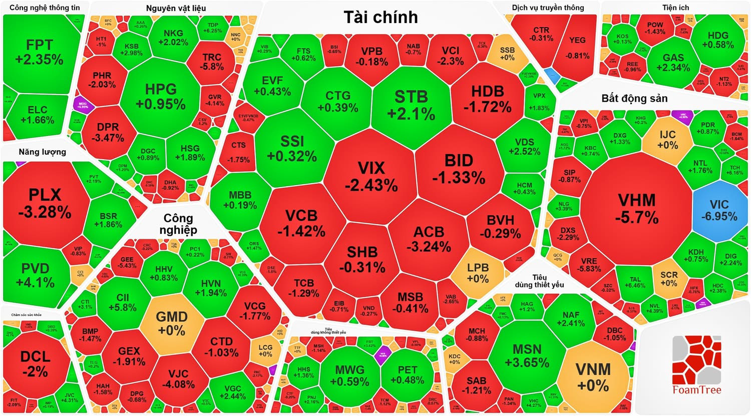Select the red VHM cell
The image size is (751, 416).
(637, 208)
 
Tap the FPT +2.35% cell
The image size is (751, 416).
(39, 52)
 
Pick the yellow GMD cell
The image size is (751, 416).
(172, 323)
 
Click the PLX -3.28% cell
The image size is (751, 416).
(45, 203)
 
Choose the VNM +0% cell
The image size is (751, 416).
(593, 376)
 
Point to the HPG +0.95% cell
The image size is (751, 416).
(161, 96)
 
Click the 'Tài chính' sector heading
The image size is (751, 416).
(381, 17)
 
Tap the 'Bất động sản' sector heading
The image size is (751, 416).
(634, 98)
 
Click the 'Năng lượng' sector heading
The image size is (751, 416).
(43, 152)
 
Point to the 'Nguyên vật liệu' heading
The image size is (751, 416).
(176, 8)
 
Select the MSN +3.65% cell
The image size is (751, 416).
(527, 355)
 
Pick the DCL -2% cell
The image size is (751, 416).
(35, 363)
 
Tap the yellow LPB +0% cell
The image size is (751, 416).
(477, 273)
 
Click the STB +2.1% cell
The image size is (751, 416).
(411, 104)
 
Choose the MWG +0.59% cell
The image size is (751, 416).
(350, 375)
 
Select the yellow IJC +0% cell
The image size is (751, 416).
(667, 140)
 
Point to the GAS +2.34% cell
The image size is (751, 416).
(673, 63)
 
